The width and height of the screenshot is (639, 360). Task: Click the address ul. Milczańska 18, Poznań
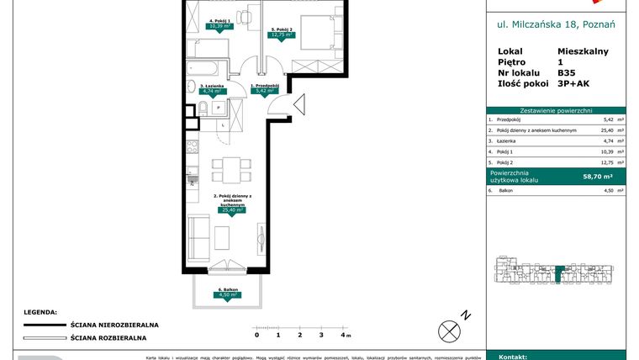click(556, 24)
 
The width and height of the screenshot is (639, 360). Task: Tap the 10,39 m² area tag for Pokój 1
click(220, 26)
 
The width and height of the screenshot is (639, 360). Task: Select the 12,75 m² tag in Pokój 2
click(281, 35)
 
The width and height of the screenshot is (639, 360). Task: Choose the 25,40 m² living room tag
click(231, 210)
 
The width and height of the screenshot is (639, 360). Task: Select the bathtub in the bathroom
click(205, 67)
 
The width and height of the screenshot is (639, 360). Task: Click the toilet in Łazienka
click(203, 107)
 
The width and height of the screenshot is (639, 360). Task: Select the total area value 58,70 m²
click(598, 177)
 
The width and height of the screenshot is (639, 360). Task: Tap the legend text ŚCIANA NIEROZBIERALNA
click(114, 325)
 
